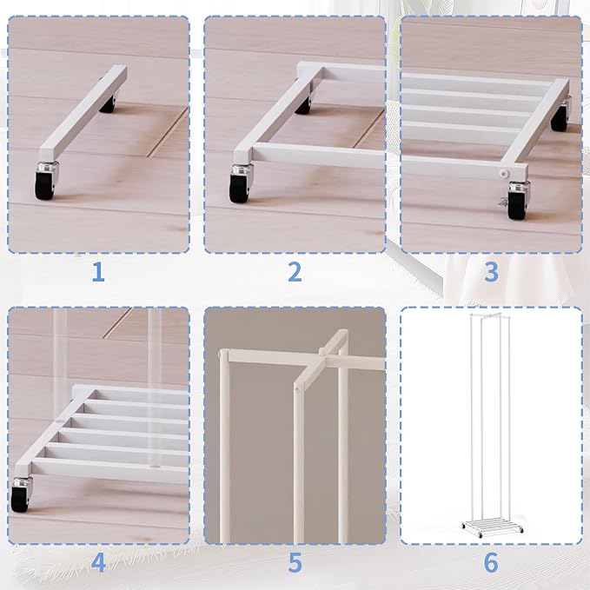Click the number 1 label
[x=98, y=272]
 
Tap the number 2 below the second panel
[x=295, y=272]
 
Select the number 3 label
[x=492, y=272]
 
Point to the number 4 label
[x=98, y=563]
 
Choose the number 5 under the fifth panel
[x=295, y=563]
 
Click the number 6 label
[x=491, y=563]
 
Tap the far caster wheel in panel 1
[x=108, y=104]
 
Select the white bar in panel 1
[x=83, y=114]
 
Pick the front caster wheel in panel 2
[x=241, y=184]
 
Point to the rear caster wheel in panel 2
[x=303, y=104]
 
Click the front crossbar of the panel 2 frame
[x=318, y=156]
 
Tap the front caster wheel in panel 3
[x=518, y=201]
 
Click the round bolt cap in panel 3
[x=503, y=172]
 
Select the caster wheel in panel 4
[x=21, y=494]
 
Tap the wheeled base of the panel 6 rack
[x=492, y=527]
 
